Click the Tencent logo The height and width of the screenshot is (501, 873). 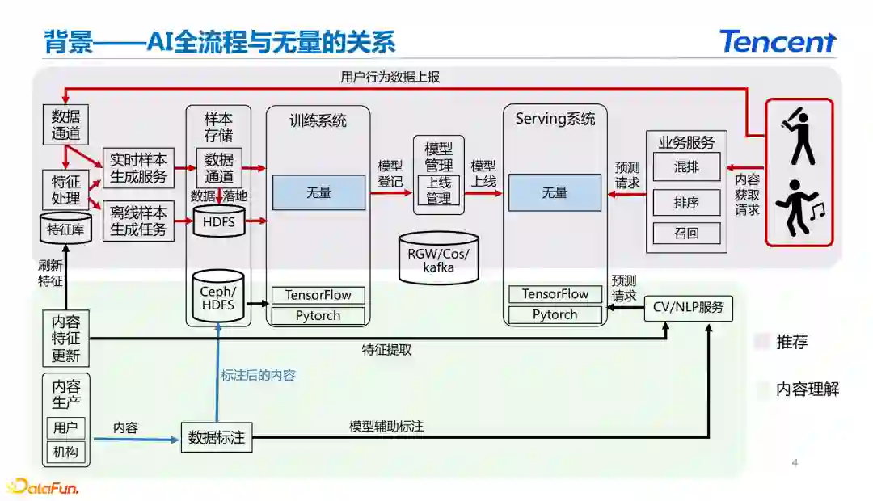pos(777,41)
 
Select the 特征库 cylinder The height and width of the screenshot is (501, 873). pos(66,229)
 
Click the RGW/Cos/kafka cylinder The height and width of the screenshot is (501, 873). pos(438,257)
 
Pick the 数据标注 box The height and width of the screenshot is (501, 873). pos(216,437)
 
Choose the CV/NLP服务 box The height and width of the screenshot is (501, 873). pos(689,308)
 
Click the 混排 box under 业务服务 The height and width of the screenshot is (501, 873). pos(686,167)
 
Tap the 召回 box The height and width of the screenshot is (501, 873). pos(686,234)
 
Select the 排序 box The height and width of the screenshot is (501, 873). pos(686,201)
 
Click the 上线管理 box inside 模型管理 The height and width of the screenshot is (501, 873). pos(438,190)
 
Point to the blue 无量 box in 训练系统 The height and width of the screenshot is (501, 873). pos(318,193)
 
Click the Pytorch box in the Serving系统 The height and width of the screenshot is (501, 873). pos(555,315)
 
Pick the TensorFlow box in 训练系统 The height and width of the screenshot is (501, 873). pos(318,295)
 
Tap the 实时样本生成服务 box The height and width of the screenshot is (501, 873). pos(138,168)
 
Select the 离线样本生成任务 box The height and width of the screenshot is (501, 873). pos(138,221)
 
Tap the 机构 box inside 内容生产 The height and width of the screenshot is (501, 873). pos(65,453)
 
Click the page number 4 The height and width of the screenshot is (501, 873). pos(795,463)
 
